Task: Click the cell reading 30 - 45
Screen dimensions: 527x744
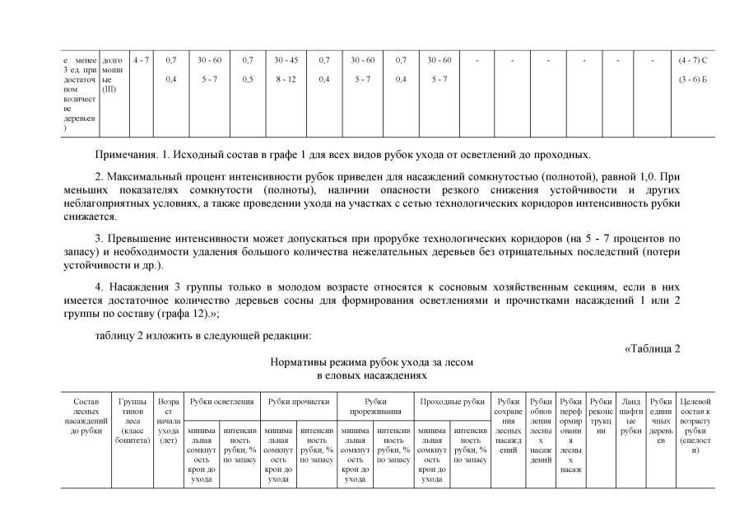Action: [286, 60]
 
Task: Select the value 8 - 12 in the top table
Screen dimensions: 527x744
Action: [286, 79]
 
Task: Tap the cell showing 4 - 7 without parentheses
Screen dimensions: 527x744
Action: [142, 60]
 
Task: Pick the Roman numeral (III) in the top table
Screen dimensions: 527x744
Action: [109, 89]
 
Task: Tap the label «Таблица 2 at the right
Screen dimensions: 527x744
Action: [653, 347]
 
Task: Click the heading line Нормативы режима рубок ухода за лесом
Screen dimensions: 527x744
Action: [371, 362]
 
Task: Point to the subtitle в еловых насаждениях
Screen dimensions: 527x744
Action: [371, 375]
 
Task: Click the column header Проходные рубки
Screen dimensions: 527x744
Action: [452, 401]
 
